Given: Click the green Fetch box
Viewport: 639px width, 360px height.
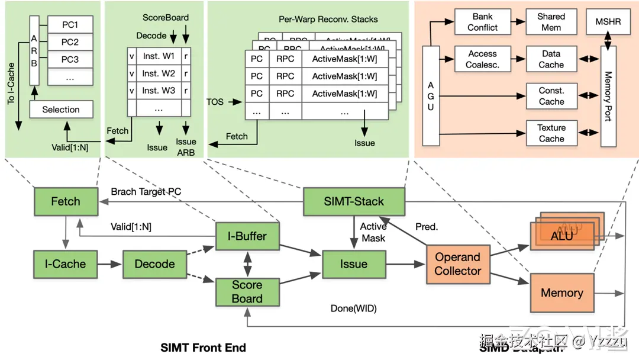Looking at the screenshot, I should [x=65, y=201].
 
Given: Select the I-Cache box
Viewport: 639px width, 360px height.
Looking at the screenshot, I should [x=65, y=264].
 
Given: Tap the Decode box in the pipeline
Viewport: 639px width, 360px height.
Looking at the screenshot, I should [x=154, y=264].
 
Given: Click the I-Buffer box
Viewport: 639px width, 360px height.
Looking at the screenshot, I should [x=247, y=236].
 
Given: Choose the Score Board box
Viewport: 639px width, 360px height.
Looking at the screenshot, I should [x=247, y=291].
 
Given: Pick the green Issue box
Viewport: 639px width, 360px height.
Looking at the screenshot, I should [x=353, y=264].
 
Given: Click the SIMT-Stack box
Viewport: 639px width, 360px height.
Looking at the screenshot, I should [x=353, y=201].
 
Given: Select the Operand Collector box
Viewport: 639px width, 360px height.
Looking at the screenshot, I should [x=457, y=264].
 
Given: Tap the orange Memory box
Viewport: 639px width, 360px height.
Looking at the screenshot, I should [x=561, y=292].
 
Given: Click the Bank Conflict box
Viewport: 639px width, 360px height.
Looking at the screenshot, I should [x=482, y=22].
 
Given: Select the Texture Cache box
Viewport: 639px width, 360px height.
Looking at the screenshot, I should [x=551, y=133].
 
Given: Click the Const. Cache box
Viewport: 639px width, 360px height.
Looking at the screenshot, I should [x=551, y=97].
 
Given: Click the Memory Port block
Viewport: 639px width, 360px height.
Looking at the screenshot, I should [x=608, y=96].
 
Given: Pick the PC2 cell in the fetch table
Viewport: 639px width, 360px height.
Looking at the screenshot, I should [x=70, y=42].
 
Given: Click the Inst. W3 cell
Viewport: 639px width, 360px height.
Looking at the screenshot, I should [x=159, y=91].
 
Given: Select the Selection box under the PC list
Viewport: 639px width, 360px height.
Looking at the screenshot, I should [x=60, y=110].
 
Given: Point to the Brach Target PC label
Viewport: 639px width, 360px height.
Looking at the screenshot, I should [x=146, y=192].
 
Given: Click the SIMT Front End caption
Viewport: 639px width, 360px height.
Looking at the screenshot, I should [x=203, y=348].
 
